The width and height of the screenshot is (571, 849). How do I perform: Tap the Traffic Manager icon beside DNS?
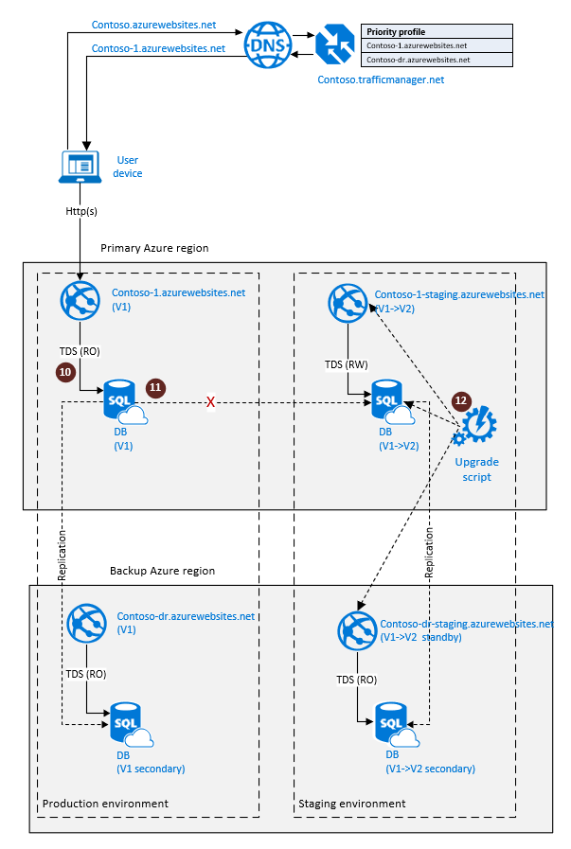click(334, 44)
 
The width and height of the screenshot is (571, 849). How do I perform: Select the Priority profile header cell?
click(437, 31)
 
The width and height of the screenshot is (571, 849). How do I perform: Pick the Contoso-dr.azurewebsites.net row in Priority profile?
click(437, 59)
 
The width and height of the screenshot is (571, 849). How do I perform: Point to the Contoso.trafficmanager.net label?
click(381, 80)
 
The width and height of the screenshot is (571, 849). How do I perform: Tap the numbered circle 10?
click(65, 373)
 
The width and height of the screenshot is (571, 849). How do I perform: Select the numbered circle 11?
click(155, 387)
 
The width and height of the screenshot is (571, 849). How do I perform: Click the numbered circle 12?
click(461, 400)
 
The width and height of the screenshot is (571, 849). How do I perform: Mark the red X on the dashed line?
click(210, 402)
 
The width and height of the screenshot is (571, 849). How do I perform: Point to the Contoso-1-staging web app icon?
click(347, 301)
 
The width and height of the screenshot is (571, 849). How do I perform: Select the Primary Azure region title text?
click(154, 248)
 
